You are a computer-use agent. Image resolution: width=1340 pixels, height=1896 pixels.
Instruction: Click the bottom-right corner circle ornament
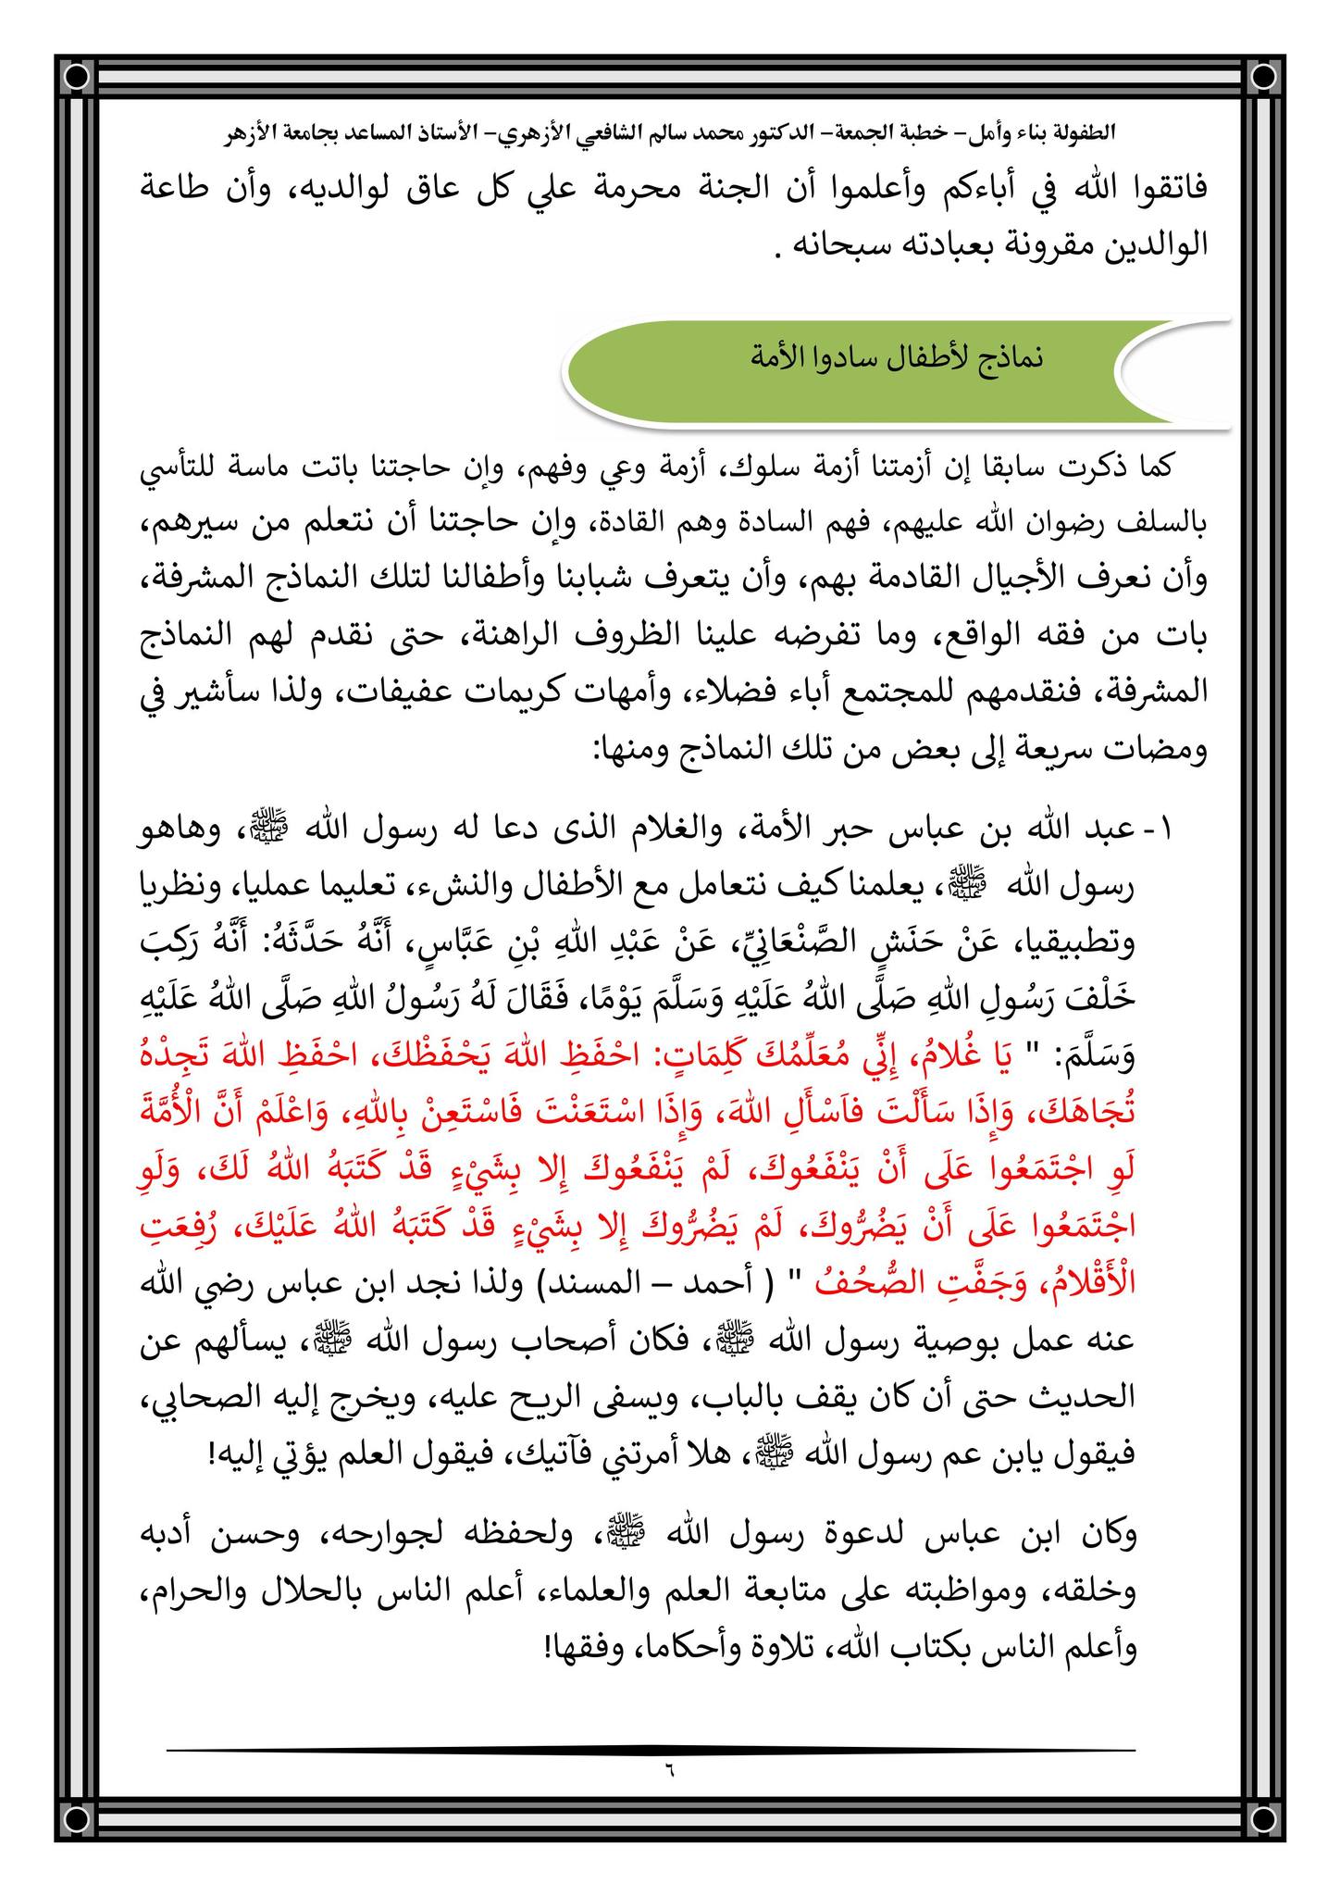1260,1819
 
